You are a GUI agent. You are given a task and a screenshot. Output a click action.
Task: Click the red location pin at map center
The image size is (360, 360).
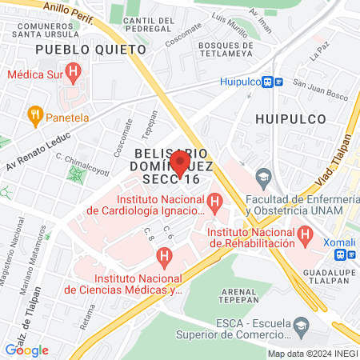180,163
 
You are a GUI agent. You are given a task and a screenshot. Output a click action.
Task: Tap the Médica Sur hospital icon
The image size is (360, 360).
74,74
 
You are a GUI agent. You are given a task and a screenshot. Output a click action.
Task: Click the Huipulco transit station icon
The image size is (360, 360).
275,81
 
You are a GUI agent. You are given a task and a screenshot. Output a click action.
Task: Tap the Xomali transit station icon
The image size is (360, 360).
342,254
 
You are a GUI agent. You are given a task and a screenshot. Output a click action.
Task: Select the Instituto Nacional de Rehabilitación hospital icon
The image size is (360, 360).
305,234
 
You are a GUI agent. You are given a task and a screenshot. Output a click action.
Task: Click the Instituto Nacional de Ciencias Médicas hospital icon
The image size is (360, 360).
165,258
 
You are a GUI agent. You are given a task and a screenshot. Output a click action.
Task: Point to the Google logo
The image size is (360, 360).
26,350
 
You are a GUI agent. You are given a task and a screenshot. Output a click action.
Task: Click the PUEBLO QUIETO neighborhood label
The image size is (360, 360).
77,49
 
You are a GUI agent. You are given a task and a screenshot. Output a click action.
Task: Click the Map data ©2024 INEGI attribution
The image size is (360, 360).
313,354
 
